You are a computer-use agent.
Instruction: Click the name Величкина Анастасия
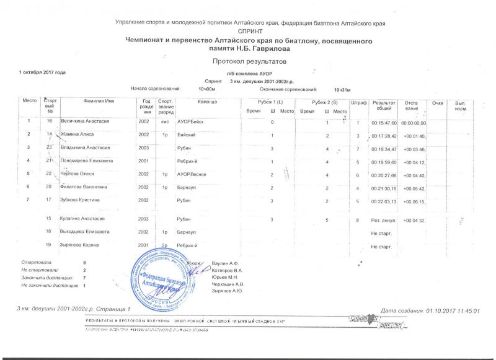(x=86, y=121)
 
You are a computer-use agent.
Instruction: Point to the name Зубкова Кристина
(x=82, y=200)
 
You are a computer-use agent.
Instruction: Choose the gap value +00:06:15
(x=413, y=201)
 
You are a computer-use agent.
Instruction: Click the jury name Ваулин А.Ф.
(x=226, y=263)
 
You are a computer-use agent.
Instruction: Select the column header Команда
(x=207, y=101)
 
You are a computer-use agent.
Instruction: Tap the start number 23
(x=48, y=147)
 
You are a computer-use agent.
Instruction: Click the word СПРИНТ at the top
(x=250, y=30)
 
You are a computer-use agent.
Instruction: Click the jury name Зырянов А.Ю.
(x=227, y=290)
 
